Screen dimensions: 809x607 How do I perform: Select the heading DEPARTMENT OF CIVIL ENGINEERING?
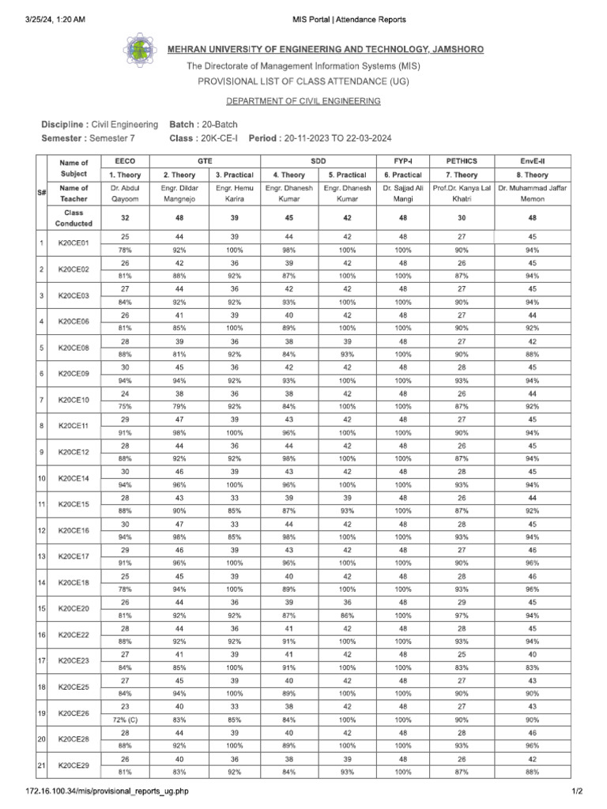click(303, 101)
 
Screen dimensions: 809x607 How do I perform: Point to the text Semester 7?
click(115, 138)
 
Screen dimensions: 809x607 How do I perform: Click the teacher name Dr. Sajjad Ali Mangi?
click(402, 194)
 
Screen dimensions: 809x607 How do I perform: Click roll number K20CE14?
click(74, 479)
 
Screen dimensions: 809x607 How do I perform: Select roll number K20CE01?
click(74, 243)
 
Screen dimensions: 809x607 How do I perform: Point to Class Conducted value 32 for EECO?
click(125, 217)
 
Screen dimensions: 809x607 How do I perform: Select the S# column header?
click(42, 192)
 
